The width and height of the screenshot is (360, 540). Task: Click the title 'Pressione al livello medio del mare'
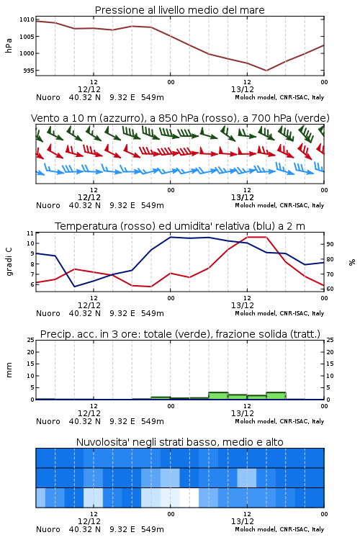(x=179, y=10)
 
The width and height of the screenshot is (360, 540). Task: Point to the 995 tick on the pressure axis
(x=29, y=71)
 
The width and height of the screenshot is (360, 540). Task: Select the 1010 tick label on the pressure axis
(x=27, y=19)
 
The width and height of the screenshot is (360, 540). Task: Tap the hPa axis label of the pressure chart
(x=9, y=45)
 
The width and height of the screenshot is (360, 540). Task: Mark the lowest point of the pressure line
(x=266, y=71)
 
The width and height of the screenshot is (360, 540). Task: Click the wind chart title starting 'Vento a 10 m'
(x=180, y=118)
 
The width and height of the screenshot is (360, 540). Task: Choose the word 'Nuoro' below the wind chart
(x=48, y=205)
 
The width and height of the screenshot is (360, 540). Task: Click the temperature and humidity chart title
(x=180, y=226)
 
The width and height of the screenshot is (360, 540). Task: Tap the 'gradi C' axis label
(x=9, y=261)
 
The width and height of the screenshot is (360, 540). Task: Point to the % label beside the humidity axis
(x=352, y=262)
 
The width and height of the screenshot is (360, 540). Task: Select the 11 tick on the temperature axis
(x=30, y=233)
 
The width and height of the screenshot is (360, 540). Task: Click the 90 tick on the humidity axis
(x=330, y=244)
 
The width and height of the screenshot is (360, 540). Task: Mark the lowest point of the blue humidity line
(x=74, y=287)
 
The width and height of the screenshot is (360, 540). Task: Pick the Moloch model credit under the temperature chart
(x=279, y=313)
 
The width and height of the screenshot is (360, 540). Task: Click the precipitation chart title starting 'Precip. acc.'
(x=180, y=334)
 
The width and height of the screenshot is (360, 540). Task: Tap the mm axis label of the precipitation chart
(x=9, y=370)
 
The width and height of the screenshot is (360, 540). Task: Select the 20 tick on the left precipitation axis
(x=31, y=352)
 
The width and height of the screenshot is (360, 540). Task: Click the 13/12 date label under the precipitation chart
(x=243, y=413)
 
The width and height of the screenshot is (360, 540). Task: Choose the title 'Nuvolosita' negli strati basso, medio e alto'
(x=179, y=442)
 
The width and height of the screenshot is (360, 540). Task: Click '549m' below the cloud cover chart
(x=153, y=529)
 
